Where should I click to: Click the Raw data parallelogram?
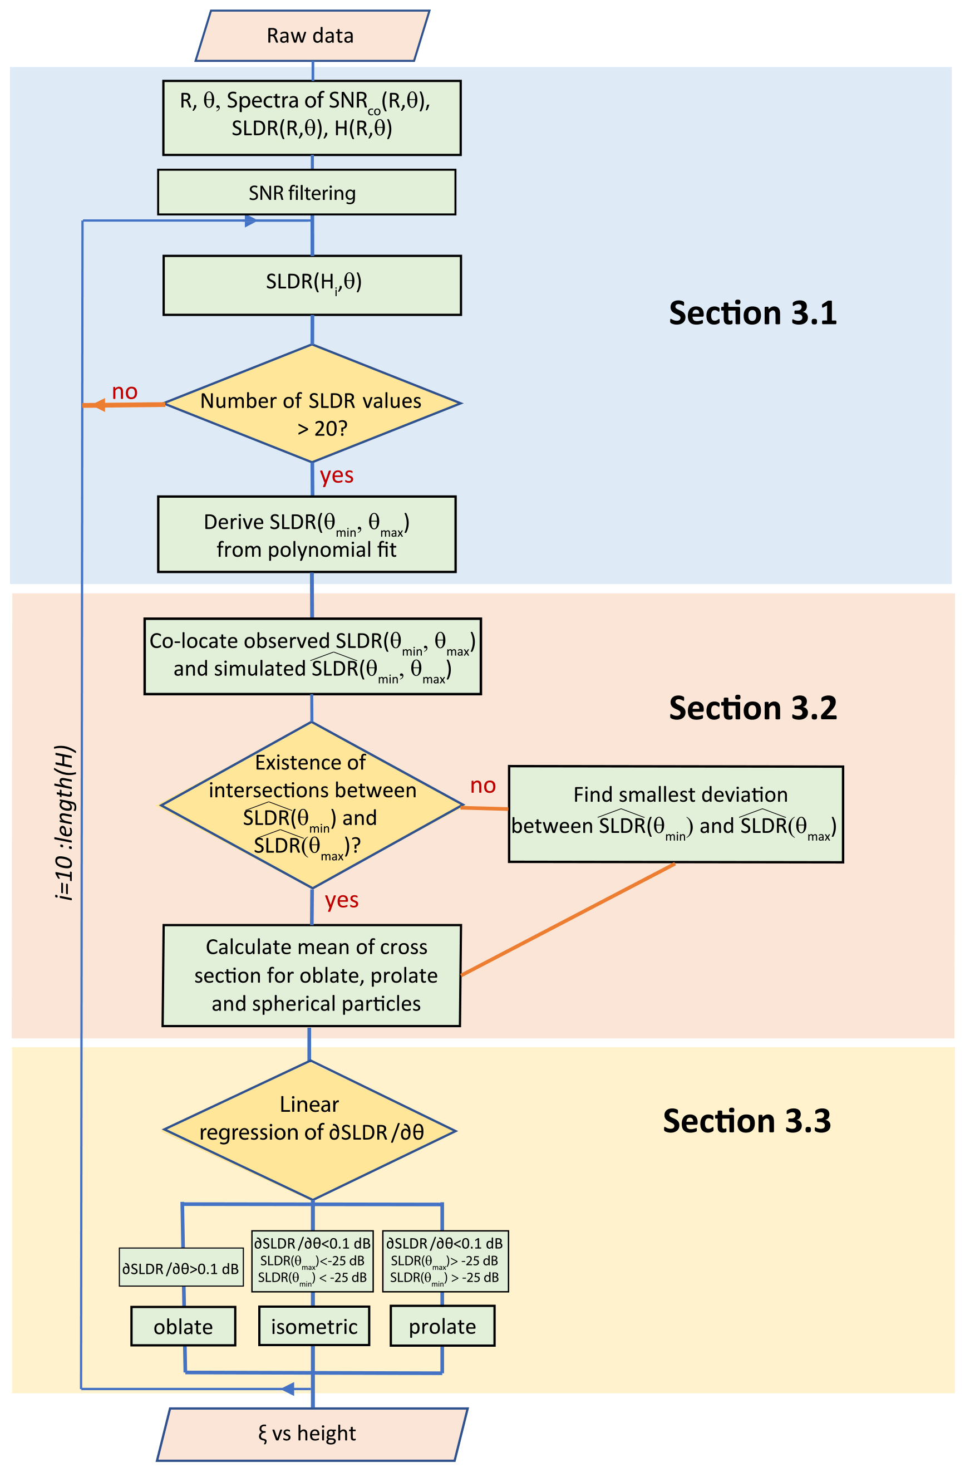point(312,36)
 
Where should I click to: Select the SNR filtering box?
point(307,192)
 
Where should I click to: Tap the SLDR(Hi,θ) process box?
point(312,285)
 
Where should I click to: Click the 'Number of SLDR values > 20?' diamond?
point(312,403)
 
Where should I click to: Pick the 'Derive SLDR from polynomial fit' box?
point(307,534)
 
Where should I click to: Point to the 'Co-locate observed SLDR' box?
point(312,656)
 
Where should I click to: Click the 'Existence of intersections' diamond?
point(311,804)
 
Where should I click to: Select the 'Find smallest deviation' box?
point(675,814)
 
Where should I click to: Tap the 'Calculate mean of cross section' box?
point(312,975)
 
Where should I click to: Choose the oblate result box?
point(183,1326)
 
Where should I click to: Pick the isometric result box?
point(314,1326)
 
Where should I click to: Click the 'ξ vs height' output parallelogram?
point(312,1434)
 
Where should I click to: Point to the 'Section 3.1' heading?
point(752,313)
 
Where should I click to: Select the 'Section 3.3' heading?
point(746,1121)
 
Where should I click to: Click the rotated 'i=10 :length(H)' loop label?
point(65,823)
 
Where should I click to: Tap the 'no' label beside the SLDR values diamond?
point(124,391)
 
